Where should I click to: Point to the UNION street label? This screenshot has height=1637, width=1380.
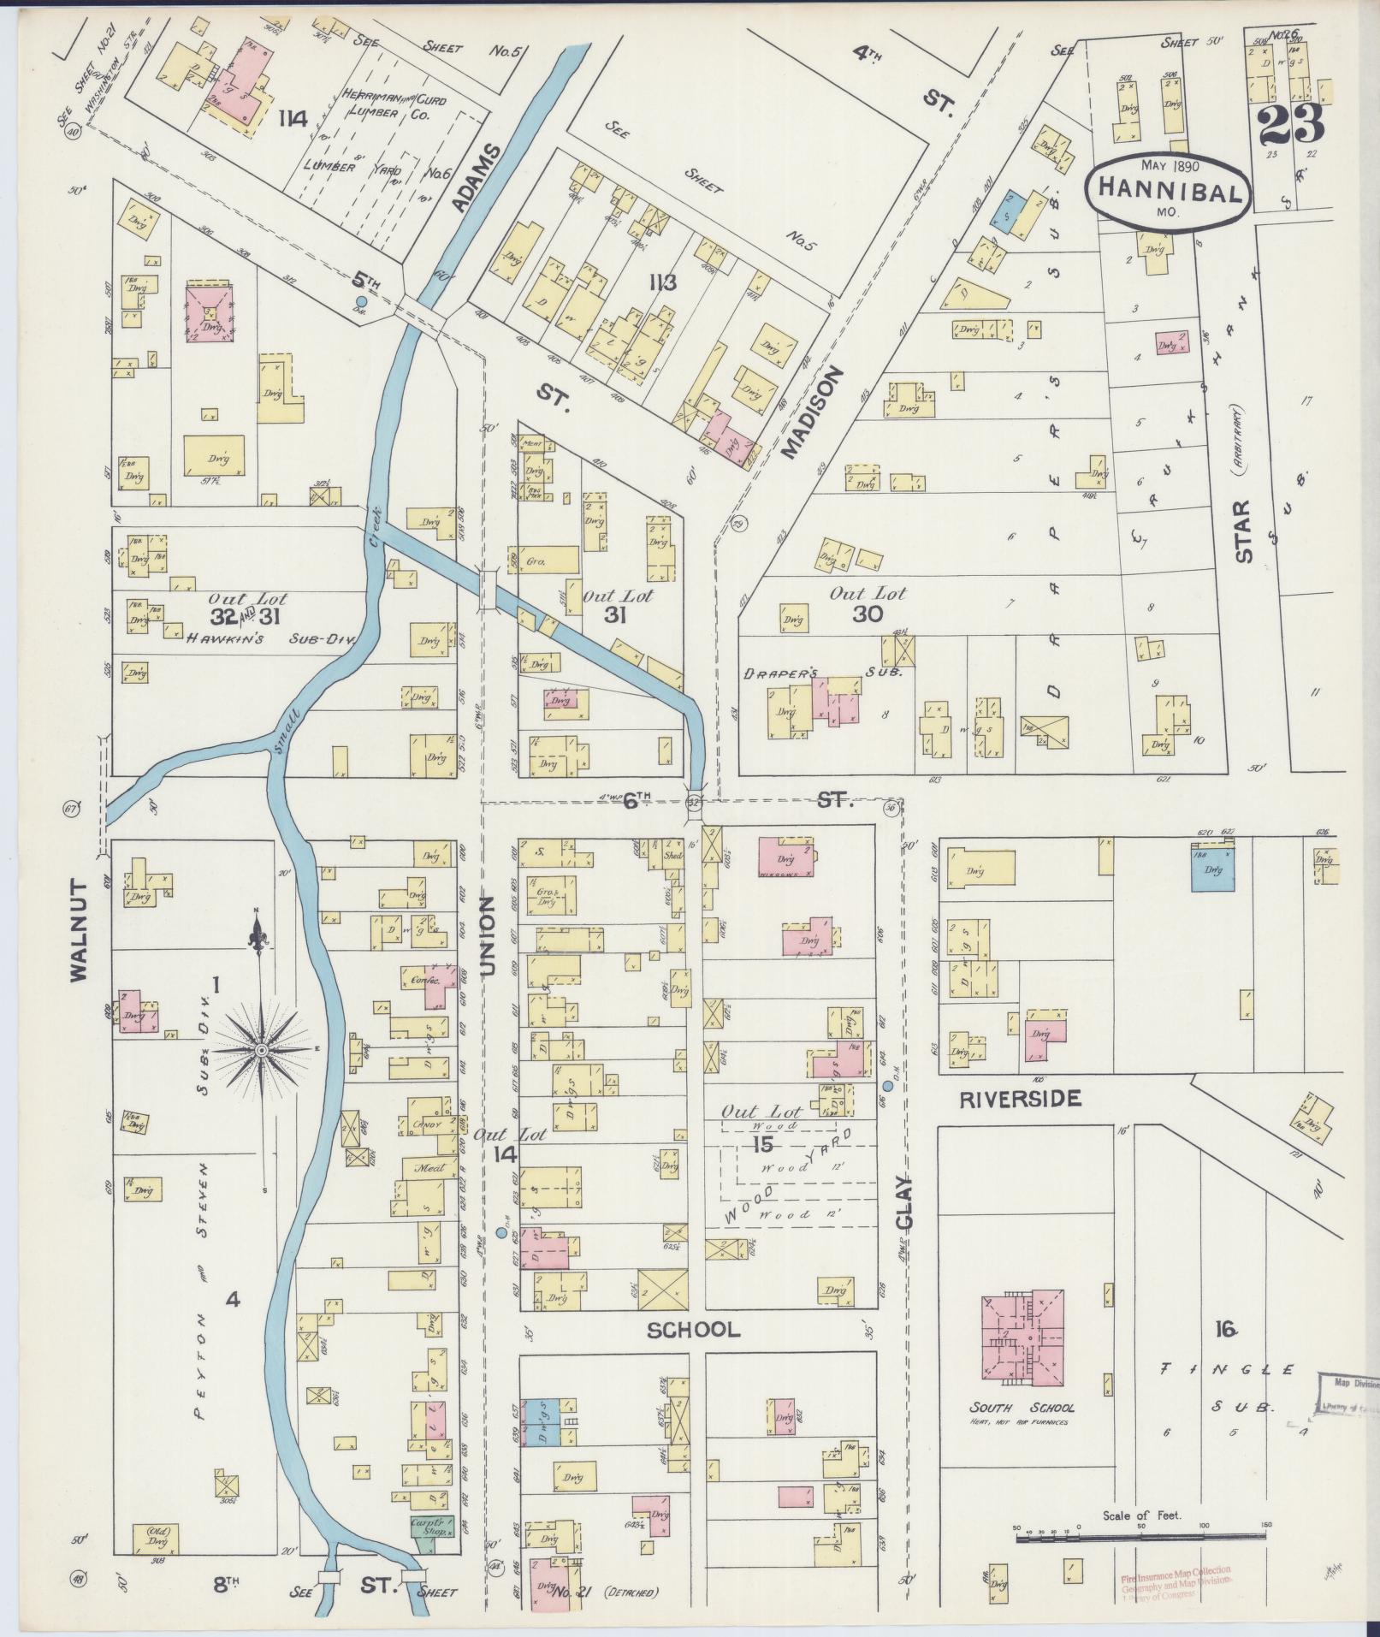pyautogui.click(x=487, y=936)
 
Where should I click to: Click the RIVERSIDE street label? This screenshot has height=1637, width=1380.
pyautogui.click(x=1020, y=1099)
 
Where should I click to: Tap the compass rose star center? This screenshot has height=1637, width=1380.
pyautogui.click(x=262, y=1048)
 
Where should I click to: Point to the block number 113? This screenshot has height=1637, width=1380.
pyautogui.click(x=662, y=283)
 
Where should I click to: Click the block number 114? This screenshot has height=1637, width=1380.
pyautogui.click(x=292, y=119)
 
